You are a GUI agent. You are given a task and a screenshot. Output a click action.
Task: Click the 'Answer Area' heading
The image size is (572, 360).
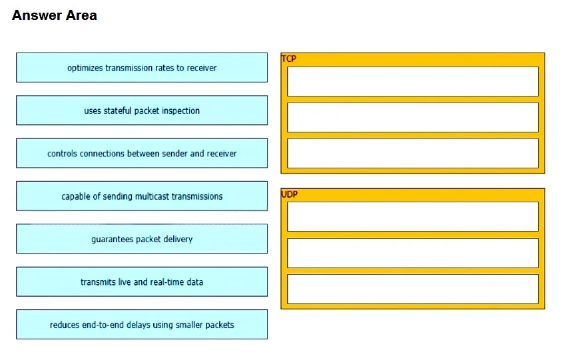55,15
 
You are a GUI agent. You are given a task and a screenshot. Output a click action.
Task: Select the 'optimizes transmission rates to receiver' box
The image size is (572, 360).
142,67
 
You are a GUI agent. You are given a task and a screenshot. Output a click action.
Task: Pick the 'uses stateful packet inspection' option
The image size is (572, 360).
142,110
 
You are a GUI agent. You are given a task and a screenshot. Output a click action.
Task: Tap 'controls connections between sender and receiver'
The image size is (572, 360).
142,153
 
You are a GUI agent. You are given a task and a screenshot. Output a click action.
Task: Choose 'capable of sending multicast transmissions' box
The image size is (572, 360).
142,196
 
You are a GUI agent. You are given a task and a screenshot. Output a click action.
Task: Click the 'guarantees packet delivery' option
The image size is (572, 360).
142,239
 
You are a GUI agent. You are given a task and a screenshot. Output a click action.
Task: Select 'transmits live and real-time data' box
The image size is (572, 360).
142,281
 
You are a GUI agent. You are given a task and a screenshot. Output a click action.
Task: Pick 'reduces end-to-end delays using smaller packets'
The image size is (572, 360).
142,324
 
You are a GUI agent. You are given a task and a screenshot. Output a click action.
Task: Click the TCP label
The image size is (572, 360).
289,59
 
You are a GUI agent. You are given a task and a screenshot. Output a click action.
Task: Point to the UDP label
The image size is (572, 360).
289,194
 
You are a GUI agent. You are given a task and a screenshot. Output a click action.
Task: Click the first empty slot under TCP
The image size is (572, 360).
413,81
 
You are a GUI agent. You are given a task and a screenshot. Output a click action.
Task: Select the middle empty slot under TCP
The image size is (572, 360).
413,117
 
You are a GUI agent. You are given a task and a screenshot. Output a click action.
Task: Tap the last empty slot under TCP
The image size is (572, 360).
413,153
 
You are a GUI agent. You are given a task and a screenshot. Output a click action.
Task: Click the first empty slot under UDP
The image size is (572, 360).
413,216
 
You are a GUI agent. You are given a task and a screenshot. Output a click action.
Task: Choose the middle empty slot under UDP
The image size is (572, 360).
413,253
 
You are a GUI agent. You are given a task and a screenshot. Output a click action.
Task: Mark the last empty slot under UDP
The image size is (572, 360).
413,289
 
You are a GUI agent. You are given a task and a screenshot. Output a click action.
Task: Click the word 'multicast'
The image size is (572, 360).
152,196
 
